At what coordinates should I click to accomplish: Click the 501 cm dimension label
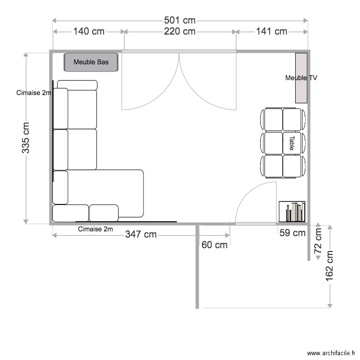pos(180,20)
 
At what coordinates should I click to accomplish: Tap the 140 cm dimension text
pos(89,32)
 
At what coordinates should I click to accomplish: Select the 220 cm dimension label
pos(180,32)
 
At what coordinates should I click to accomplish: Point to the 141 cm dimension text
pos(271,32)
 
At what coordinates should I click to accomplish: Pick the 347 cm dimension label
pos(141,235)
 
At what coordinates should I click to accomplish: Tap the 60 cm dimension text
pos(215,245)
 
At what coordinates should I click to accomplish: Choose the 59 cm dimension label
pos(292,234)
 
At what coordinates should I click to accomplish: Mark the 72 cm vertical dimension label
pos(318,242)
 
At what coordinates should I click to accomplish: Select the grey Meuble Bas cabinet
pos(91,62)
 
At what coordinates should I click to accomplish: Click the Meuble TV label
pos(301,78)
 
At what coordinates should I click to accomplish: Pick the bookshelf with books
pos(292,212)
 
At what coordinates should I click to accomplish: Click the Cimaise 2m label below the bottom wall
pos(95,229)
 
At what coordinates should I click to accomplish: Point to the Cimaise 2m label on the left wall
pos(33,93)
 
